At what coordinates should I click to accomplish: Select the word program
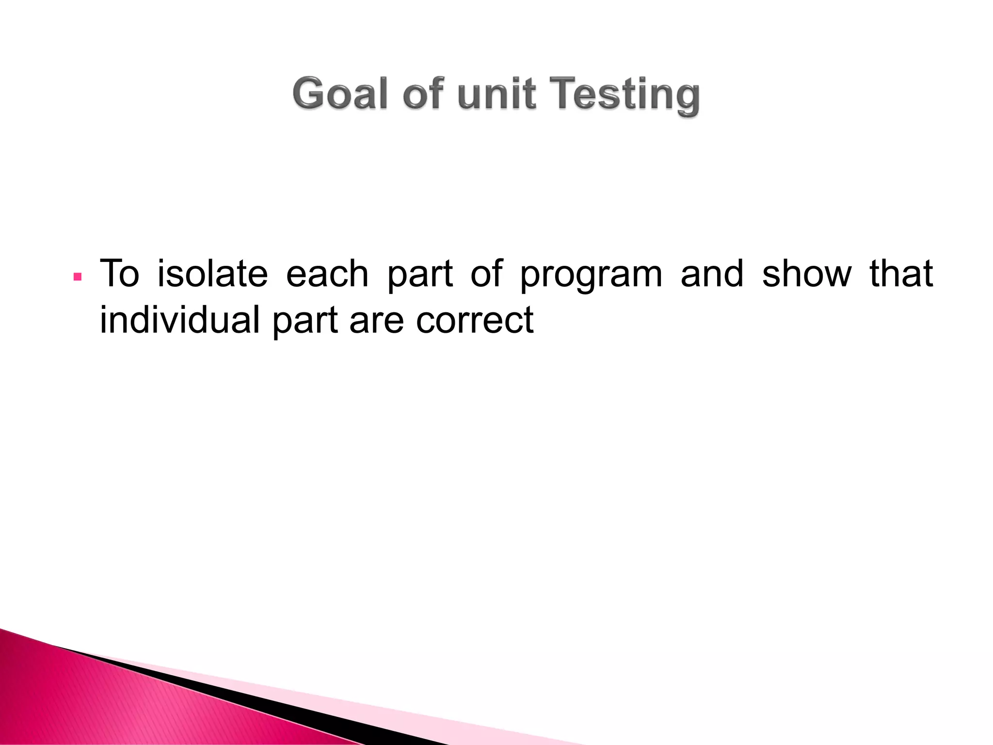[x=591, y=275]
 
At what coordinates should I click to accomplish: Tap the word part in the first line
[x=420, y=275]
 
